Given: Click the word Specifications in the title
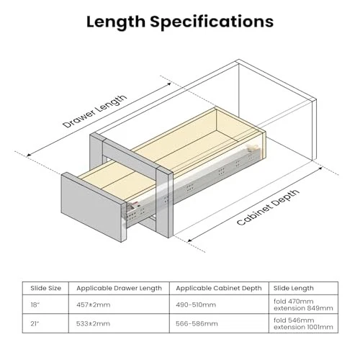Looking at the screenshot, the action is (x=212, y=22).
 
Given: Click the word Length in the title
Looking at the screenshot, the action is (x=116, y=22).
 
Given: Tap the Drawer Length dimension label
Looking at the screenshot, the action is (x=94, y=111).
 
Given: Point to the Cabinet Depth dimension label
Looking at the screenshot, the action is (x=268, y=207).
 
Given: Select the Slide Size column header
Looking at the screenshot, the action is (x=45, y=288).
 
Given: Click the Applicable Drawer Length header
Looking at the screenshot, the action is (x=119, y=288).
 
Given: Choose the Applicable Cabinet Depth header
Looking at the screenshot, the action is (x=219, y=288).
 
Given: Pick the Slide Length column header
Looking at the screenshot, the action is (x=294, y=288).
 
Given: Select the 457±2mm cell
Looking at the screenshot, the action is (x=94, y=305).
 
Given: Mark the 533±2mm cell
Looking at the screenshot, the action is (x=93, y=323).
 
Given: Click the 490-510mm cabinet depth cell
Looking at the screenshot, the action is (x=196, y=305).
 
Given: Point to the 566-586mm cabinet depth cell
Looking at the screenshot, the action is (x=197, y=323).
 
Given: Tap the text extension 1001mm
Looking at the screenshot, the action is (x=303, y=327).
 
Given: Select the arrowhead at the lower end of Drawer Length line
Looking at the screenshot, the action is (x=28, y=155).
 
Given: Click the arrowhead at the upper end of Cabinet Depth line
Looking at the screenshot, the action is (x=320, y=168).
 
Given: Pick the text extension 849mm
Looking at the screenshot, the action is (x=303, y=308).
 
